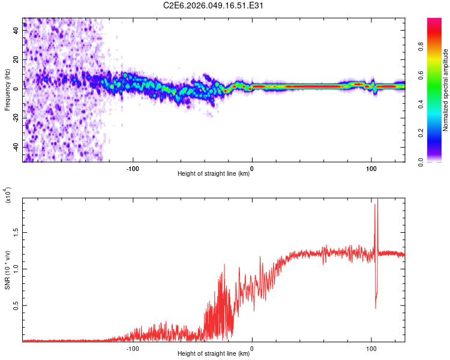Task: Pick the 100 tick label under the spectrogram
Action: coord(371,167)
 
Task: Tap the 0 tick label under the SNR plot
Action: coord(252,347)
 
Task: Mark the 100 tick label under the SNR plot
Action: coord(371,347)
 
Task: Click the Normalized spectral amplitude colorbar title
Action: coord(445,90)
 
